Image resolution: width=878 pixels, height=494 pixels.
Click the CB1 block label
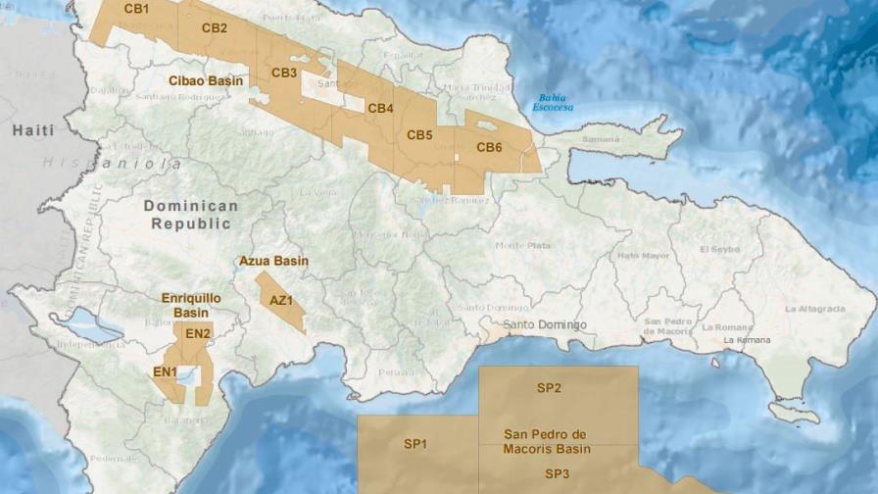(136, 9)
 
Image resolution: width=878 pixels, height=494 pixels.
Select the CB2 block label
(215, 28)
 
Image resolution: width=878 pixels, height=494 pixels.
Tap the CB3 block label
(284, 73)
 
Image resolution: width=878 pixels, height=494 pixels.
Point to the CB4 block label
(380, 108)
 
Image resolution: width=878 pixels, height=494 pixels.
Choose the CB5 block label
(419, 134)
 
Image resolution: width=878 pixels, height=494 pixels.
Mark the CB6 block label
(489, 147)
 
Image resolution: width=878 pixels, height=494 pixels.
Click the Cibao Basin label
(206, 81)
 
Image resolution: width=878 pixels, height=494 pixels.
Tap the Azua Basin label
(273, 262)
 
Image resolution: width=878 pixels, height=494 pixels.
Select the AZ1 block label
(281, 300)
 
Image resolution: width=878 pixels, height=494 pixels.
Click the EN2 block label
(198, 334)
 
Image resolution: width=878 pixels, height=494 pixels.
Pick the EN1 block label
(165, 371)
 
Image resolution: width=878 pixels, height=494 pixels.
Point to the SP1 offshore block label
(415, 444)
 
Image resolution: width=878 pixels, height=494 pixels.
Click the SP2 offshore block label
(549, 388)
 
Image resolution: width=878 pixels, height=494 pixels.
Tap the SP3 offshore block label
(557, 473)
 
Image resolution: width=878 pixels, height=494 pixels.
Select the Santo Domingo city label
(545, 324)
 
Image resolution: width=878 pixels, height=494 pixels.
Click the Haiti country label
(33, 130)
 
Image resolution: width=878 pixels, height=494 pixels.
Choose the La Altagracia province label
(813, 309)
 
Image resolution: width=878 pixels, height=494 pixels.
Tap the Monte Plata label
(522, 246)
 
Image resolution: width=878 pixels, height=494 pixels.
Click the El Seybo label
(719, 250)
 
